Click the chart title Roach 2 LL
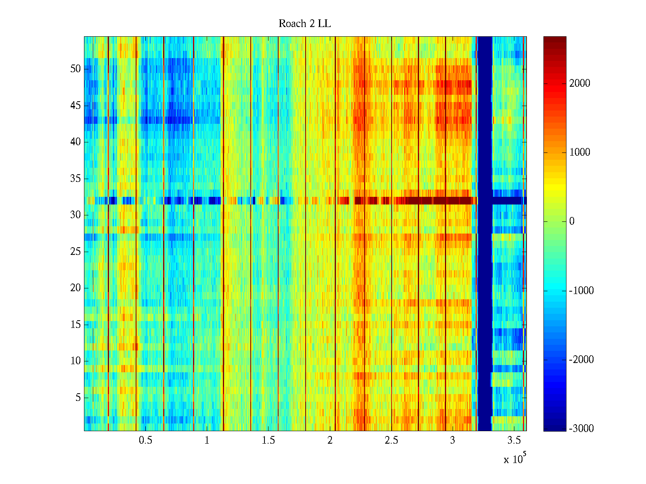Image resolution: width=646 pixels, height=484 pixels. click(304, 24)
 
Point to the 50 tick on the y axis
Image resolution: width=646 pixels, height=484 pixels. click(76, 69)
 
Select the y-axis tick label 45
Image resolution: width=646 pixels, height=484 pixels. click(76, 106)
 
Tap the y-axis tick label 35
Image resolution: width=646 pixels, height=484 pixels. click(76, 179)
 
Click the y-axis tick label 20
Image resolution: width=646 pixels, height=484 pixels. click(76, 288)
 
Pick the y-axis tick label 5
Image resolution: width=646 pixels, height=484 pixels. click(78, 398)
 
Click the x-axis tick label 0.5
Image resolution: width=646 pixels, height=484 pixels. click(145, 440)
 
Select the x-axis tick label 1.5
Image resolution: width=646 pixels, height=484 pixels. click(268, 440)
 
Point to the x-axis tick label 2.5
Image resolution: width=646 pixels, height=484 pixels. click(391, 440)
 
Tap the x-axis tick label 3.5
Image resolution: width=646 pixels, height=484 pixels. click(514, 440)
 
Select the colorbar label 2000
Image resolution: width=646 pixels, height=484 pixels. click(579, 83)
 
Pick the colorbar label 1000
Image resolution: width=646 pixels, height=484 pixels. click(579, 152)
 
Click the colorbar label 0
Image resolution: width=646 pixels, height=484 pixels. click(572, 221)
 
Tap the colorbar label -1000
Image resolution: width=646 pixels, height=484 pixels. click(581, 291)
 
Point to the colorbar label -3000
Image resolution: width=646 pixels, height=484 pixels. click(581, 429)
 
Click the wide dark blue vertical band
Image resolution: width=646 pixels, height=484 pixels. click(484, 282)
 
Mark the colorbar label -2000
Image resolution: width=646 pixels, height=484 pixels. click(581, 360)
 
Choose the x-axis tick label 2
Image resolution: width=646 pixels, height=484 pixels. click(330, 440)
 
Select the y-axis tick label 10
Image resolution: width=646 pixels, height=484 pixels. click(76, 361)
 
